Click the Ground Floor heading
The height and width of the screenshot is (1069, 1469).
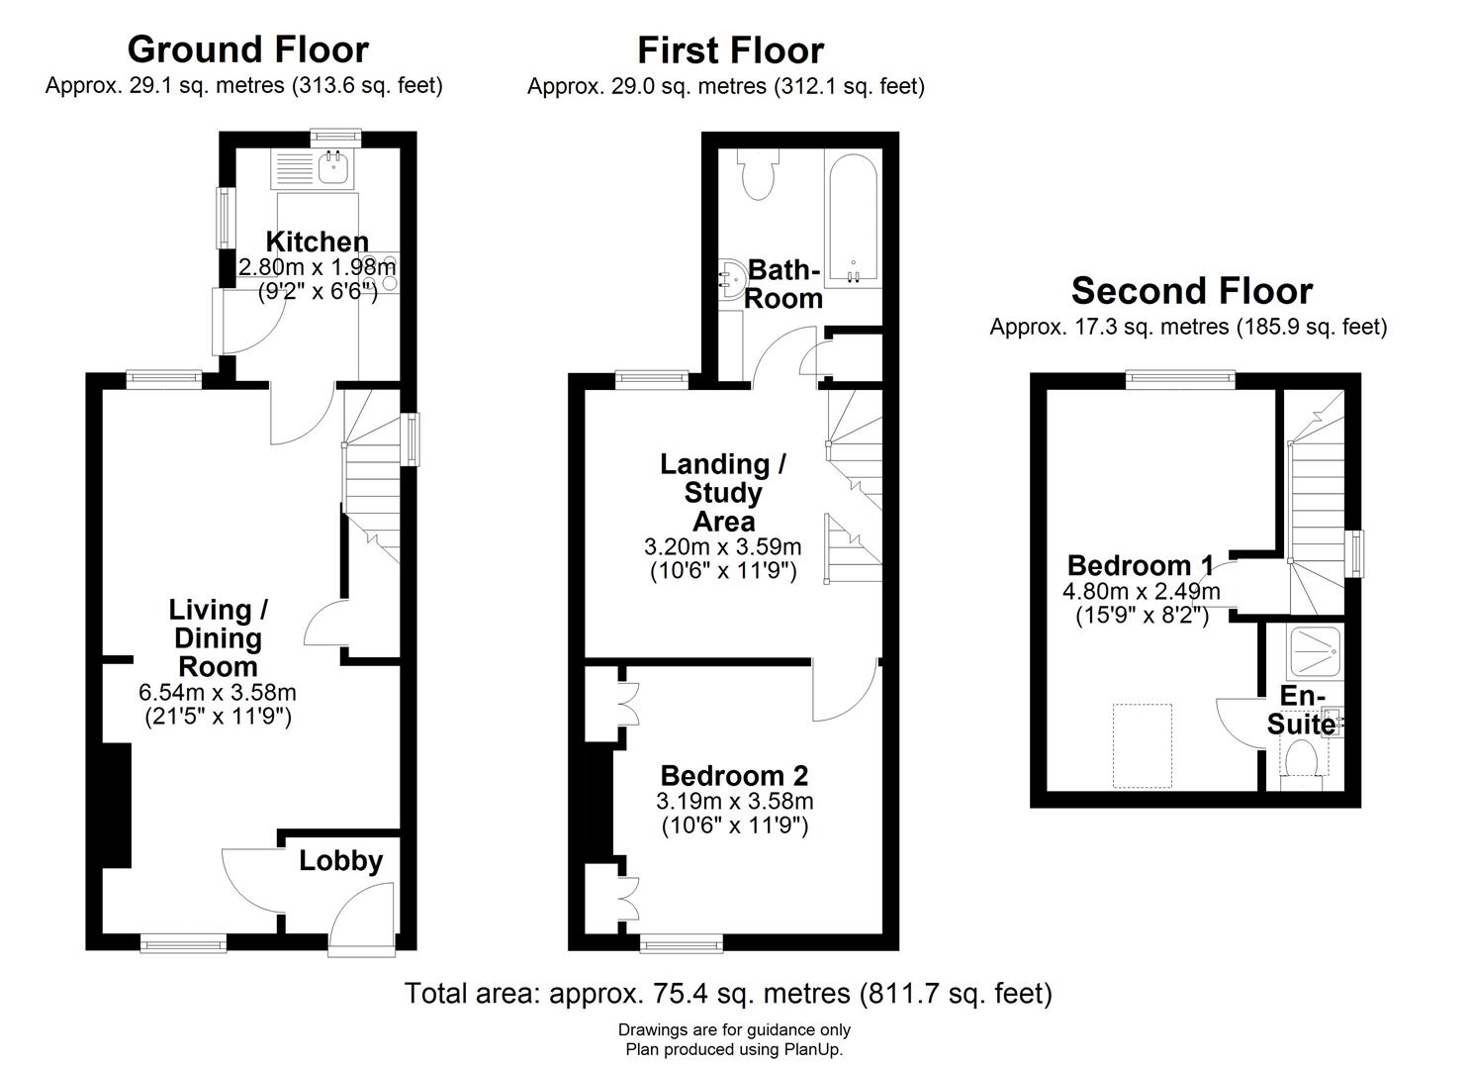[x=248, y=49]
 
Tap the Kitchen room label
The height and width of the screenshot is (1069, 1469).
[x=318, y=242]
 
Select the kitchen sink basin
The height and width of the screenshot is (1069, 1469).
[x=331, y=167]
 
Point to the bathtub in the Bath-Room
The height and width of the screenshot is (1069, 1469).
[x=853, y=218]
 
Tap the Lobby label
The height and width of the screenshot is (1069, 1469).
[x=341, y=861]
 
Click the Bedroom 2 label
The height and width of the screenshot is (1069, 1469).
[x=734, y=776]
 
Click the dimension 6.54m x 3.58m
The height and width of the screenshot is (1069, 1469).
[x=218, y=692]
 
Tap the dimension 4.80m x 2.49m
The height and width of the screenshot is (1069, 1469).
[x=1142, y=591]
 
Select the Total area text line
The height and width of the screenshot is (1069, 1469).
[x=728, y=993]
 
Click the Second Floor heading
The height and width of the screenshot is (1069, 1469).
[x=1192, y=291]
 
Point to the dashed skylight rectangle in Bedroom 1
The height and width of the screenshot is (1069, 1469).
[x=1142, y=745]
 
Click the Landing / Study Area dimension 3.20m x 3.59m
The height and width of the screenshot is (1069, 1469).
[x=723, y=546]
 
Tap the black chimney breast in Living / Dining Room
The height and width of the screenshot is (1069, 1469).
[x=117, y=805]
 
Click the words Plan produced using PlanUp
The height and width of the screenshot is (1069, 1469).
[x=734, y=1048]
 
